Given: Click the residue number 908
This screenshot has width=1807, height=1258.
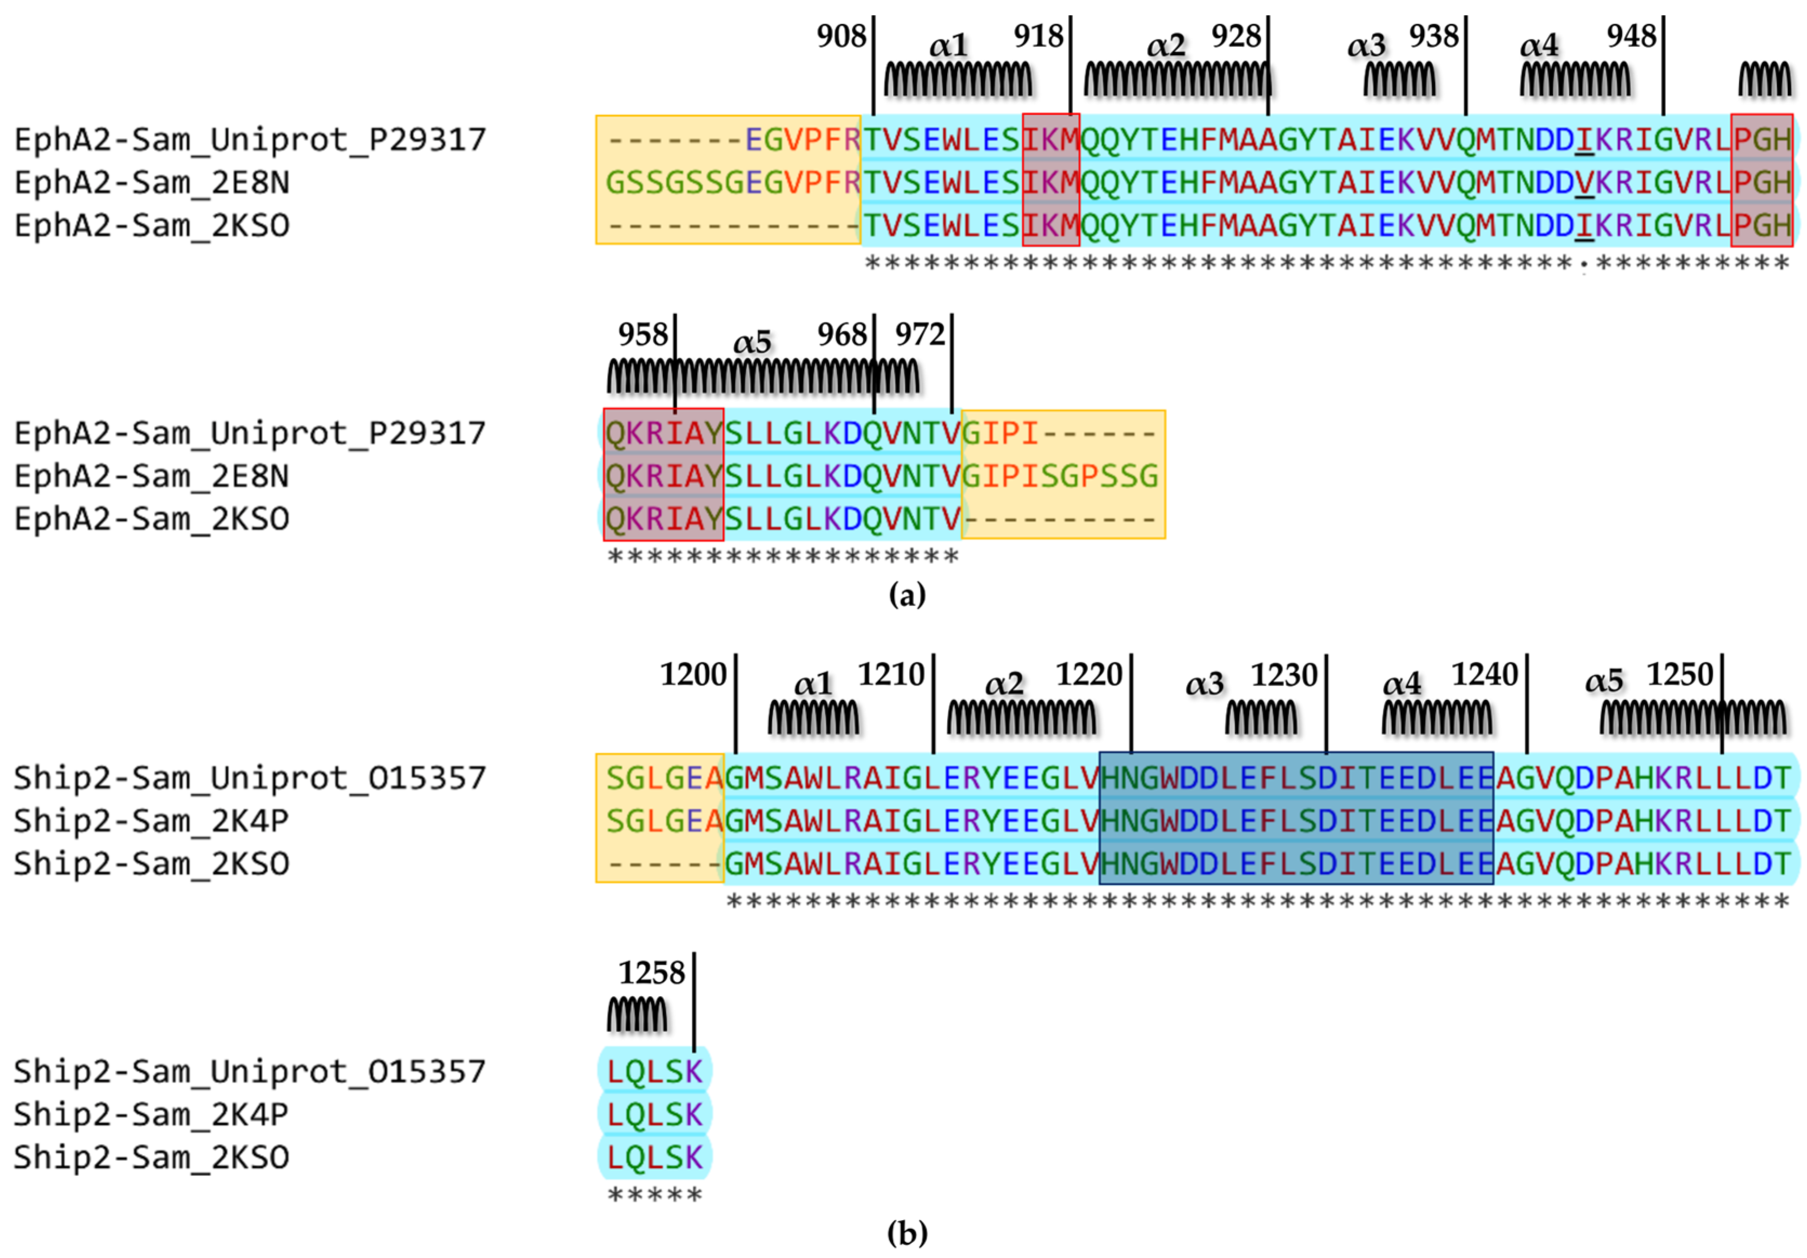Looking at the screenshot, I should [840, 36].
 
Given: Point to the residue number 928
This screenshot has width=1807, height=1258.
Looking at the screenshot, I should [1236, 36].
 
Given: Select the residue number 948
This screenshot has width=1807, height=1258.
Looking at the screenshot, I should [1631, 36].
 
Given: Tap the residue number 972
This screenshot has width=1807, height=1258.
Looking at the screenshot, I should [919, 335].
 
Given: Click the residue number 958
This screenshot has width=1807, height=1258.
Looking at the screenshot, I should [642, 335].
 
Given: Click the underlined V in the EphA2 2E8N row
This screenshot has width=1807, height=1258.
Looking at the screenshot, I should [1584, 183].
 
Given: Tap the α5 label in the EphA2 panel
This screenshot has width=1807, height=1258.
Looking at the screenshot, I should [752, 343].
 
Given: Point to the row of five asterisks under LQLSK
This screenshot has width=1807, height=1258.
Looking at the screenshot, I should [655, 1196].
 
